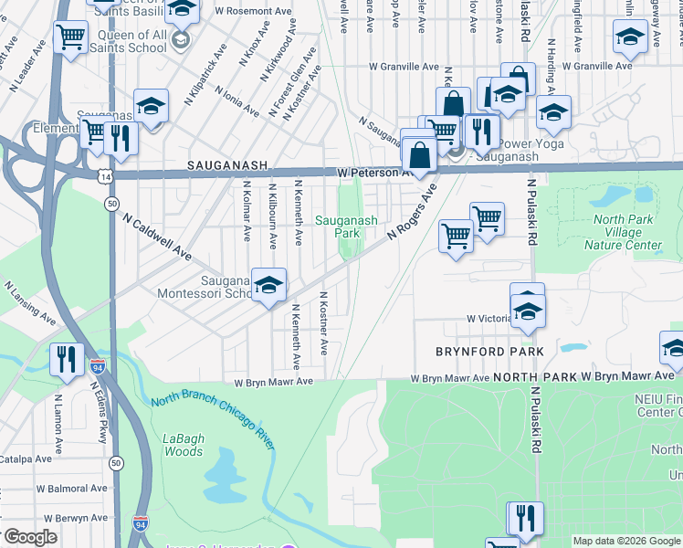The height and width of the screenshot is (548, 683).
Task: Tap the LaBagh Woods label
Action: (183, 445)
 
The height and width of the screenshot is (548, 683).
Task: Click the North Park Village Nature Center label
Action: (627, 232)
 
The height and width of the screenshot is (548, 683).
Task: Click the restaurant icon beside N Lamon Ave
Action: (66, 357)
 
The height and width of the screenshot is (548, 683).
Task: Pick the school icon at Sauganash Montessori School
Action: (268, 285)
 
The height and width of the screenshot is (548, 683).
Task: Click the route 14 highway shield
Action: (107, 174)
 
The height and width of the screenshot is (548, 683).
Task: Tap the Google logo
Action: (29, 537)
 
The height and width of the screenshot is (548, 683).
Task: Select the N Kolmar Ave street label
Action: (247, 210)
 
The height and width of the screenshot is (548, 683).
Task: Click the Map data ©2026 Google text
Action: (625, 541)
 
